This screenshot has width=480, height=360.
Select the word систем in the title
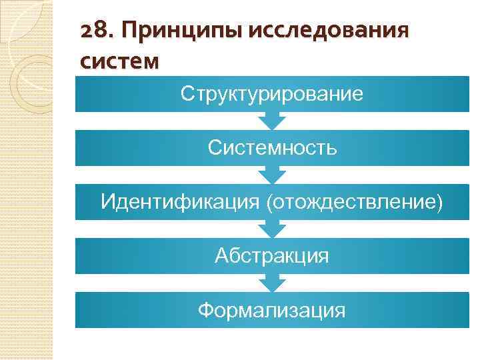(x=119, y=62)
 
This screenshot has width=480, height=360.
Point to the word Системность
(x=272, y=147)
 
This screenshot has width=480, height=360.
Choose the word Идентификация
(x=181, y=201)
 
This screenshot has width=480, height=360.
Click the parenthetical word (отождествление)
(x=354, y=201)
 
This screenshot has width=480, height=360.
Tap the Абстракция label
(x=272, y=255)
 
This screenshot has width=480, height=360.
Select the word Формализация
(x=272, y=309)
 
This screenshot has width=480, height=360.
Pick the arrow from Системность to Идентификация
(x=272, y=175)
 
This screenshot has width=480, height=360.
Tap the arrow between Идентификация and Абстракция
(x=272, y=229)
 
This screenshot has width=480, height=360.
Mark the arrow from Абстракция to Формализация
(x=272, y=283)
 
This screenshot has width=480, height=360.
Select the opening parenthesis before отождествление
(x=269, y=201)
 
